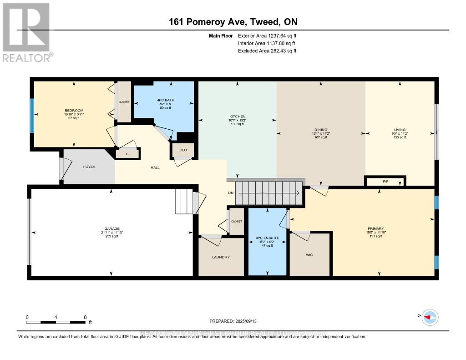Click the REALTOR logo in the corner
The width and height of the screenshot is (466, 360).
point(27,32)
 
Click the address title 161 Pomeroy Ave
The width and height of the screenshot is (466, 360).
point(233,22)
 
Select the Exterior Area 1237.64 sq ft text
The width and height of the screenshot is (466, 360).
point(267,35)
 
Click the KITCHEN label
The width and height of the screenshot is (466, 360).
point(237,117)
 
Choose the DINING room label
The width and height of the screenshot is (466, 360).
point(321,130)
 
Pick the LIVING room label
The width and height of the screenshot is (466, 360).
point(400,130)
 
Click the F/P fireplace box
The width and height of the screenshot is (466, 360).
point(385,181)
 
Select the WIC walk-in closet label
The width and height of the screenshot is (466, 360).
point(309,255)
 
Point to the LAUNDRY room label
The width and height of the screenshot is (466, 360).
point(221,257)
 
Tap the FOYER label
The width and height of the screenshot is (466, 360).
point(89,167)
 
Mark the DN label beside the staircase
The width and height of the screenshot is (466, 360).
point(231,193)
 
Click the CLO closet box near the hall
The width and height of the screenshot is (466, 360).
point(183,150)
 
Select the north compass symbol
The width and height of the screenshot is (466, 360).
point(429,317)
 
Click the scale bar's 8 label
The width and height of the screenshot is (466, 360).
point(85,317)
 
